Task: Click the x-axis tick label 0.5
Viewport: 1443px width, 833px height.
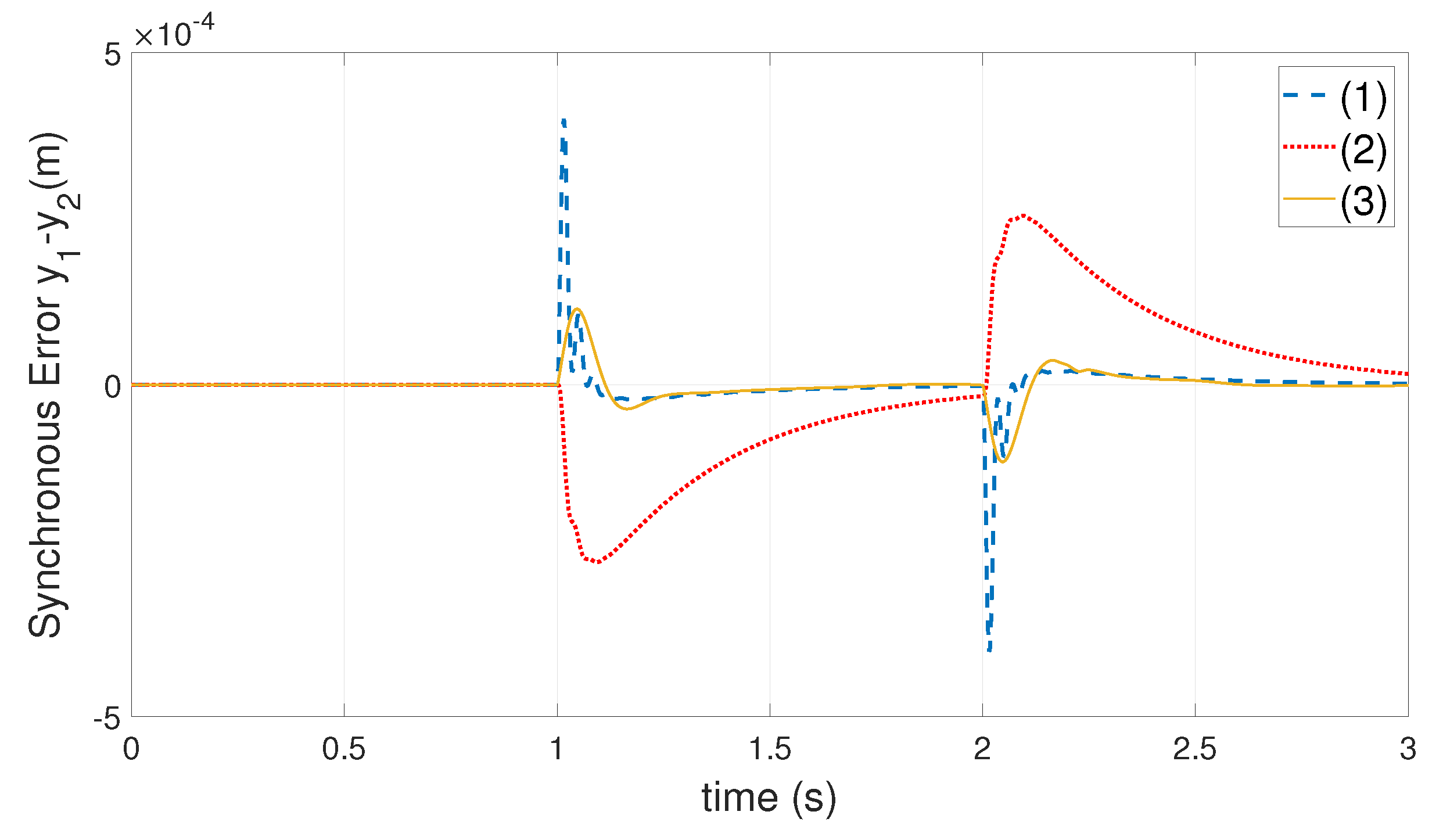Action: click(x=343, y=749)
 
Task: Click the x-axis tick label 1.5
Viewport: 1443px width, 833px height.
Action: click(x=770, y=749)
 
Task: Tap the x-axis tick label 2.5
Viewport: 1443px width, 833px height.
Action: click(x=1194, y=749)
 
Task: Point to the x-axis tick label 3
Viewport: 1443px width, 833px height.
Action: click(x=1408, y=749)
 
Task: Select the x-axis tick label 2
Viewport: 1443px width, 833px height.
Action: click(x=982, y=749)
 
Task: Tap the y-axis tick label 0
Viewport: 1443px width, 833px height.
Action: click(x=112, y=387)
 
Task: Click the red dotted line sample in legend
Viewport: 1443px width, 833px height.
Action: click(x=1309, y=147)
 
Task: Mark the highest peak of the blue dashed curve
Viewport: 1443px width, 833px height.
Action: click(x=563, y=120)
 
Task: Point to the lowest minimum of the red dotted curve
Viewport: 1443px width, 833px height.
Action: click(x=598, y=562)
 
